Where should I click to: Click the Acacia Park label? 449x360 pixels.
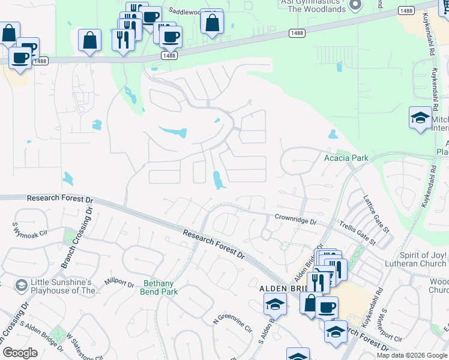[x=345, y=158]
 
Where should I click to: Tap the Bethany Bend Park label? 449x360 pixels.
[x=161, y=287]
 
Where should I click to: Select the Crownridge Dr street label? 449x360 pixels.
[x=295, y=220]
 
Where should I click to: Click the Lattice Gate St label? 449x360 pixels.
[x=376, y=212]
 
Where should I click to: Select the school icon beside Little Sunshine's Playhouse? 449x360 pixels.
[x=22, y=284]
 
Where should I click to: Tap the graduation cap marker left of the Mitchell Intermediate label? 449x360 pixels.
[x=420, y=117]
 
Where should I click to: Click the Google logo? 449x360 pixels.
[x=20, y=353]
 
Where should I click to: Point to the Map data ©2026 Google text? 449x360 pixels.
[x=412, y=355]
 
